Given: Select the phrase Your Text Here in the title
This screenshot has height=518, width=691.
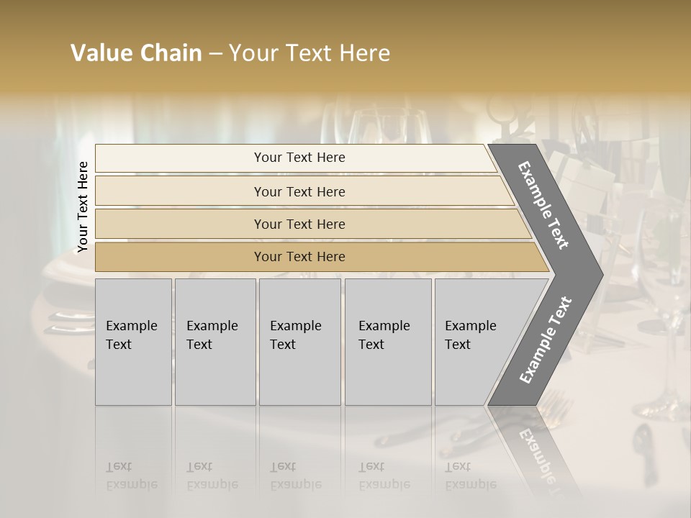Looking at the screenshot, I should tap(310, 53).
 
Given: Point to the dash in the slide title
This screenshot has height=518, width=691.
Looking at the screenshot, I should tap(215, 54).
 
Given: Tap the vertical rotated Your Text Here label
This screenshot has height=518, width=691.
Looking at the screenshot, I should tap(83, 206).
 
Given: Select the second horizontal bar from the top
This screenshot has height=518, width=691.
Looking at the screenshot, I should tap(299, 191).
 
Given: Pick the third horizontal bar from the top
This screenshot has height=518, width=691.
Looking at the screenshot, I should tap(299, 224).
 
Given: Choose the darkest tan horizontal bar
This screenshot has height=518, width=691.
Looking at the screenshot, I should tap(299, 257).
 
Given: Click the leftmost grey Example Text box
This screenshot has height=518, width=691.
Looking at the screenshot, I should tap(133, 341).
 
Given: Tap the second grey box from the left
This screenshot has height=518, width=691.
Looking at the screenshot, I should tap(215, 341).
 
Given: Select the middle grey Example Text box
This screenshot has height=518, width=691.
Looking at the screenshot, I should tap(299, 341).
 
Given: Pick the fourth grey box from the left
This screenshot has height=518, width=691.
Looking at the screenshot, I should tap(388, 341).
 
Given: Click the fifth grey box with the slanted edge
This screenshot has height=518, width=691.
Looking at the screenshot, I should tap(475, 341).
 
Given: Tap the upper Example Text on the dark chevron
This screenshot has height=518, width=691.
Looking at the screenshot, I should tap(544, 205).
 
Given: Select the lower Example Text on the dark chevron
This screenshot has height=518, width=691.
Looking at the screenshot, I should tap(546, 340).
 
